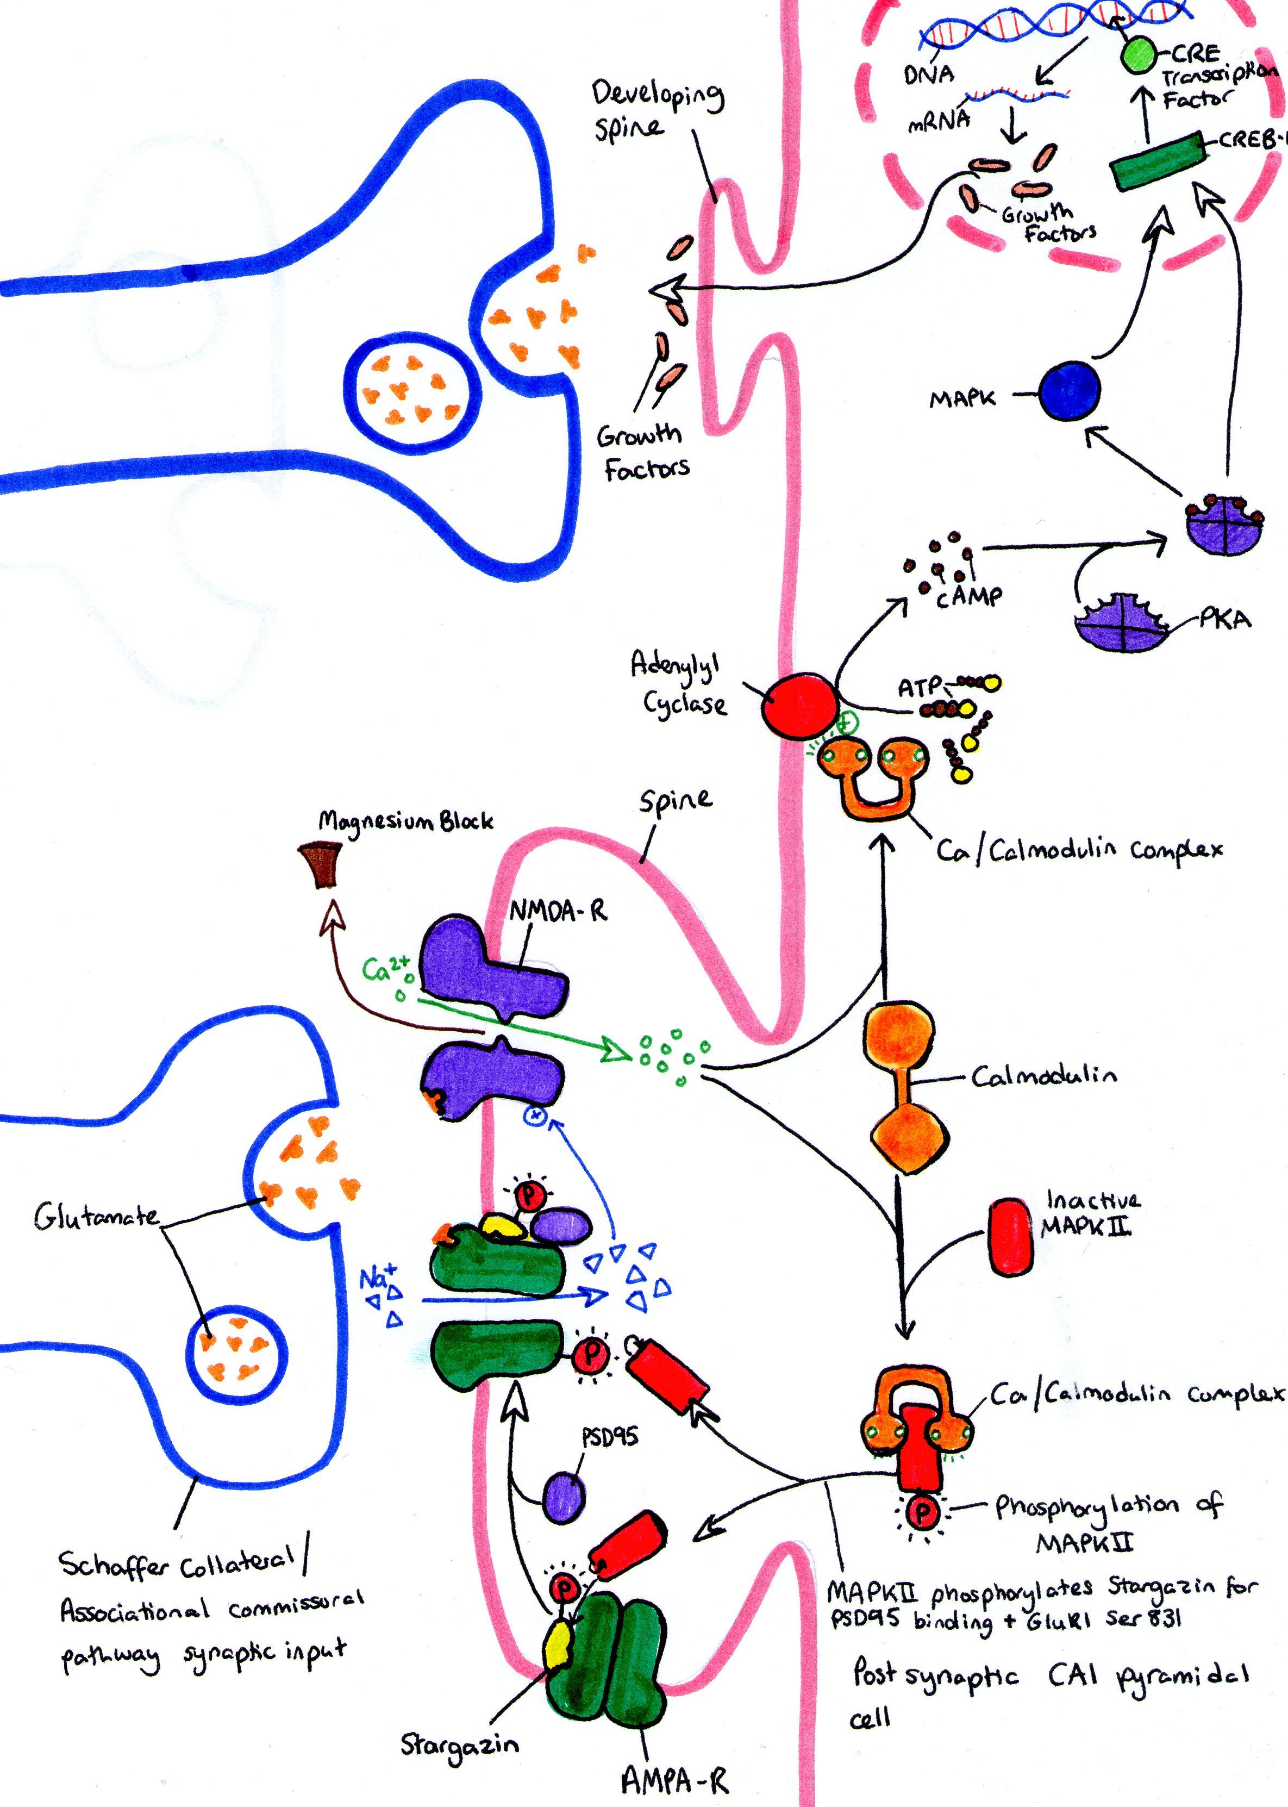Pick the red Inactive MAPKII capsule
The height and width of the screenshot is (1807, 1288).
pyautogui.click(x=1011, y=1237)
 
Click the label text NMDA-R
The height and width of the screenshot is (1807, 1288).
pyautogui.click(x=558, y=912)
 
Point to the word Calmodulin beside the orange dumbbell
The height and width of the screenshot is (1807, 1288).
pyautogui.click(x=1044, y=1076)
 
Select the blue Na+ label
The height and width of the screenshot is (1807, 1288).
pyautogui.click(x=375, y=1278)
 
